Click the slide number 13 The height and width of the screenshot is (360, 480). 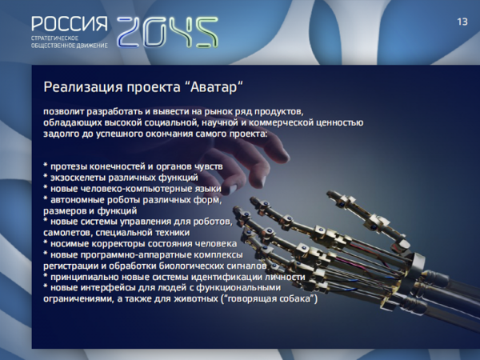[462, 22]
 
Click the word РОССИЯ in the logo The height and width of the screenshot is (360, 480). [70, 24]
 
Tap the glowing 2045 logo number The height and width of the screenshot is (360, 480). [167, 32]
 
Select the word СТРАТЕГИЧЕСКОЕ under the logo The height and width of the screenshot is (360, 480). [54, 38]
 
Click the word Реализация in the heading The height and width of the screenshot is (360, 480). [83, 87]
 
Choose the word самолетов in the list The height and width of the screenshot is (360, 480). [68, 233]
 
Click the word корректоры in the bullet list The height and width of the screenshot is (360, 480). [118, 244]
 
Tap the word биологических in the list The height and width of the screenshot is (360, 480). [194, 266]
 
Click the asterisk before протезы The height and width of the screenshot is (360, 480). [46, 166]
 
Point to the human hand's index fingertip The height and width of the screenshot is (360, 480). [282, 157]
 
